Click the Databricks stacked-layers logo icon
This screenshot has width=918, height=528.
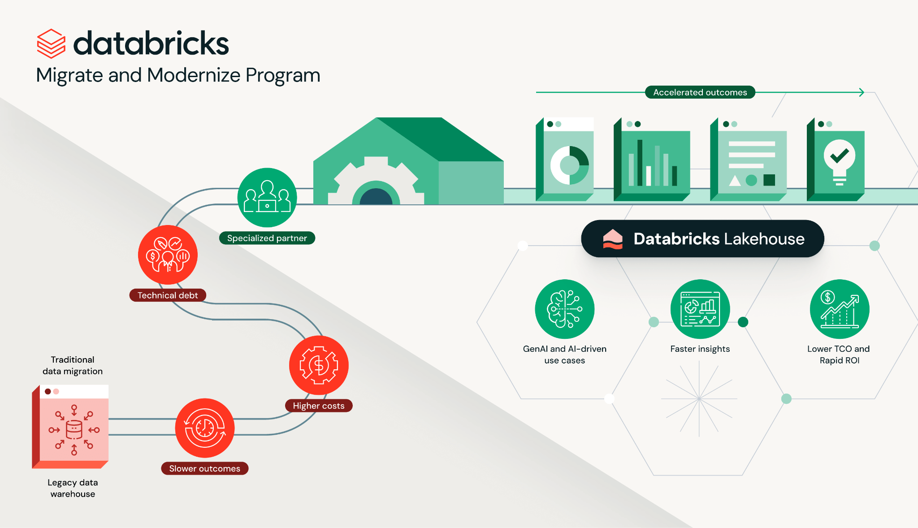pos(51,43)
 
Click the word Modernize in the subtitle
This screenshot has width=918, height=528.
pos(194,75)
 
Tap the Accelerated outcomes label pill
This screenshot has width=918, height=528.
pos(700,92)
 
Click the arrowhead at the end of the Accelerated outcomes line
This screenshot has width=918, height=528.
pos(862,92)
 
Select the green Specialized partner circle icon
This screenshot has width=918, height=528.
pos(267,198)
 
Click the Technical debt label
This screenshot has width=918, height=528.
pos(168,295)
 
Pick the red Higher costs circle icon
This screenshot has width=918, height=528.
pos(319,365)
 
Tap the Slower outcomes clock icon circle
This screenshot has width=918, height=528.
pos(205,428)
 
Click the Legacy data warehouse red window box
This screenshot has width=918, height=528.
pos(70,427)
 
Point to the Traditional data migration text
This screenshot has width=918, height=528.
pos(73,365)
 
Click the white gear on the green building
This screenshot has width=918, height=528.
pos(376,181)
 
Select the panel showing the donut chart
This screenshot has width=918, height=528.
pos(565,159)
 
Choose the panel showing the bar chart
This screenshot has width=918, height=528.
pos(652,159)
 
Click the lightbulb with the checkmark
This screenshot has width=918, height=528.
pos(840,163)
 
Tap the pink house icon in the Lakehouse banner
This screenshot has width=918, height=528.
pos(613,239)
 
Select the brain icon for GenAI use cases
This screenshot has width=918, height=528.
pos(565,309)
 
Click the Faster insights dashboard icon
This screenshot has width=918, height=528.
pos(700,309)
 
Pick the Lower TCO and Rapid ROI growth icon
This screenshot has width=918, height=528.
pos(840,309)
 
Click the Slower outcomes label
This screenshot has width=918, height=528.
pos(205,468)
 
